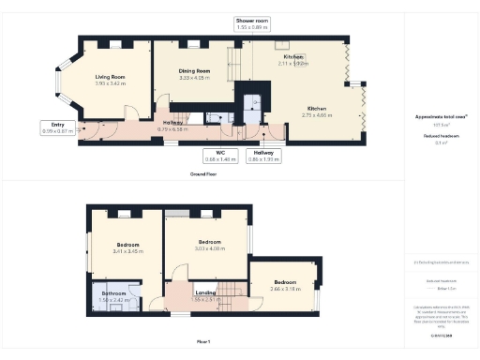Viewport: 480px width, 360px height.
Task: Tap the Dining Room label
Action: [x=194, y=74]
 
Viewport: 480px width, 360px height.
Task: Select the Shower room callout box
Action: [x=252, y=22]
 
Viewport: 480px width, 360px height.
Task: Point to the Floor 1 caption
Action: [x=203, y=342]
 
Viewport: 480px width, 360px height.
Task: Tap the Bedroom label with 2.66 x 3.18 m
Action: [x=284, y=286]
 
